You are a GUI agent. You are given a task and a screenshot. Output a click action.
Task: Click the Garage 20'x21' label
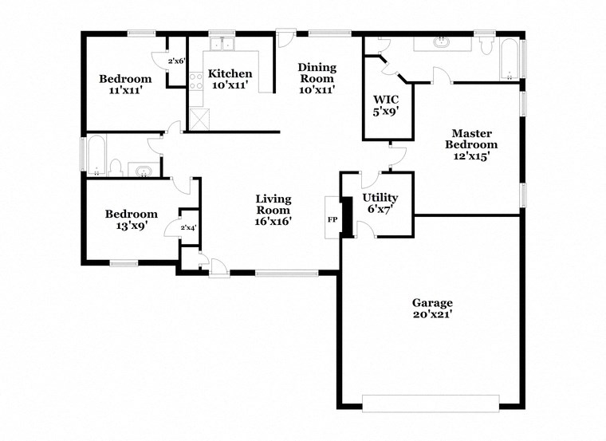[432, 308]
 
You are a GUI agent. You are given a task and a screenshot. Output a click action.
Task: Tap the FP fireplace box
[333, 219]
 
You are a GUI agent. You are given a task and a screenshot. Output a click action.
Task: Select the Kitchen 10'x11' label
[230, 79]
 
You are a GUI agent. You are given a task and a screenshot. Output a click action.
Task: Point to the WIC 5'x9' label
[386, 105]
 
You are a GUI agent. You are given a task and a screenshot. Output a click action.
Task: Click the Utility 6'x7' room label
[380, 203]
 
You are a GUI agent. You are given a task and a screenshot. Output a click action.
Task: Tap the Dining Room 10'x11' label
[316, 78]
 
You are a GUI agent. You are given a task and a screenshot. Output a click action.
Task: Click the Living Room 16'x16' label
[273, 210]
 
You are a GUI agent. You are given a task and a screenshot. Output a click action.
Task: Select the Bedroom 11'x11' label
[125, 85]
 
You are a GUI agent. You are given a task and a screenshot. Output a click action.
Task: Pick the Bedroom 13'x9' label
[132, 219]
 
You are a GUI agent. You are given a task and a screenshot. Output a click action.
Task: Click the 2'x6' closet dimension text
[176, 61]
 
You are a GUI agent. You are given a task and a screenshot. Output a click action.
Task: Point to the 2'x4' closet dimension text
[189, 228]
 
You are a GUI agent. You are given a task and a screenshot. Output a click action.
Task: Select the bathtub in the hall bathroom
[95, 156]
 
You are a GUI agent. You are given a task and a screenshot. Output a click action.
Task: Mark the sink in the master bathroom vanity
[439, 41]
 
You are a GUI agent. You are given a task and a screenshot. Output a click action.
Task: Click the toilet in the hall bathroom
[116, 167]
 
